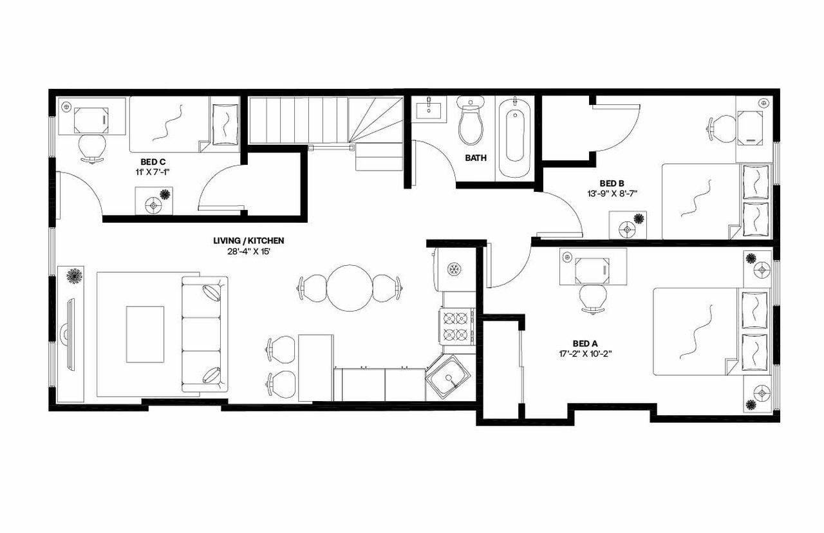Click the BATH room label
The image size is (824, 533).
(x=476, y=158)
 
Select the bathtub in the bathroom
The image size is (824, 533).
(x=515, y=136)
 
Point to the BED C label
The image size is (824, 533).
(x=151, y=162)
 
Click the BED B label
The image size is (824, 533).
(x=612, y=183)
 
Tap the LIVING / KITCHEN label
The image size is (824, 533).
(x=248, y=241)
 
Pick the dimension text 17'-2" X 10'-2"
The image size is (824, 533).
(x=585, y=353)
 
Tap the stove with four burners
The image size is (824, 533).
(x=456, y=326)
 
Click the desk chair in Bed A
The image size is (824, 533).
(x=592, y=298)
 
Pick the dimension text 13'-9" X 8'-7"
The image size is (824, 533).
(x=612, y=192)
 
